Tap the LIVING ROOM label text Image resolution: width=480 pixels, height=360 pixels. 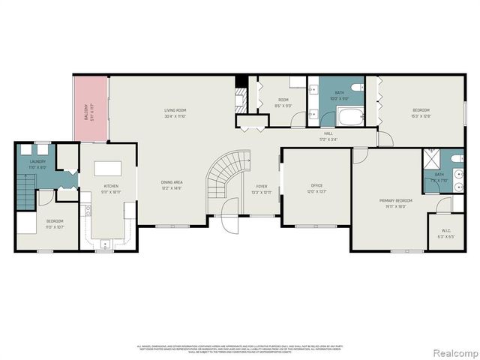point(175,110)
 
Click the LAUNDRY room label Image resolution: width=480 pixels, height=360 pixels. point(37,161)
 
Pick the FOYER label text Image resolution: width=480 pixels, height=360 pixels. point(262,186)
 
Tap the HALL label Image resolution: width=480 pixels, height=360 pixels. point(328,133)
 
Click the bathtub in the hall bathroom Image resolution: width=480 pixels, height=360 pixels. point(349,116)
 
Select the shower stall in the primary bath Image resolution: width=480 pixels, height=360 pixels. point(433,157)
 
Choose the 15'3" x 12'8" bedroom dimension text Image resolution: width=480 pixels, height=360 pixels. point(420,116)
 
